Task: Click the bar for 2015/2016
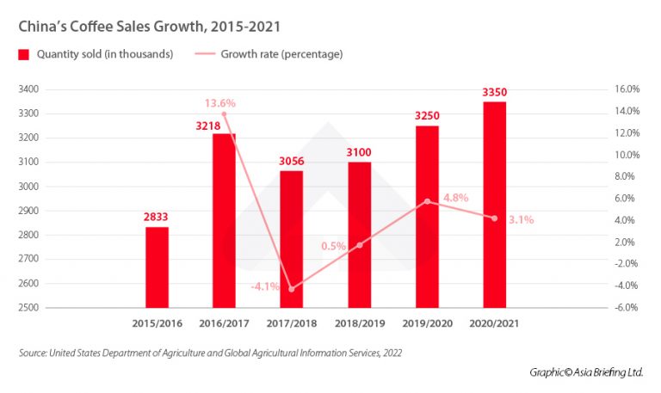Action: tap(157, 267)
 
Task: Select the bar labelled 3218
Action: tap(224, 220)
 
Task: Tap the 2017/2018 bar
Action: tap(292, 238)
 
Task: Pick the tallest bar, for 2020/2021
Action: tap(494, 204)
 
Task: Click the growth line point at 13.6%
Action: tap(224, 114)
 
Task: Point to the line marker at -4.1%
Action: tap(292, 289)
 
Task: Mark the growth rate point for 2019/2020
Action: tap(427, 201)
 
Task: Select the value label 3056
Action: tap(292, 162)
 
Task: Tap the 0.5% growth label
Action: tap(333, 246)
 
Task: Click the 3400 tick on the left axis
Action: tap(28, 89)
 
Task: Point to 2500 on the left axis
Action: tap(28, 307)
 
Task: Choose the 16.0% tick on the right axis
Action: tap(626, 89)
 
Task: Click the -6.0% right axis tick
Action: tap(626, 307)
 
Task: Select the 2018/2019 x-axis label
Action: tap(359, 324)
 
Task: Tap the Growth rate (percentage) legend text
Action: tap(281, 55)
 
